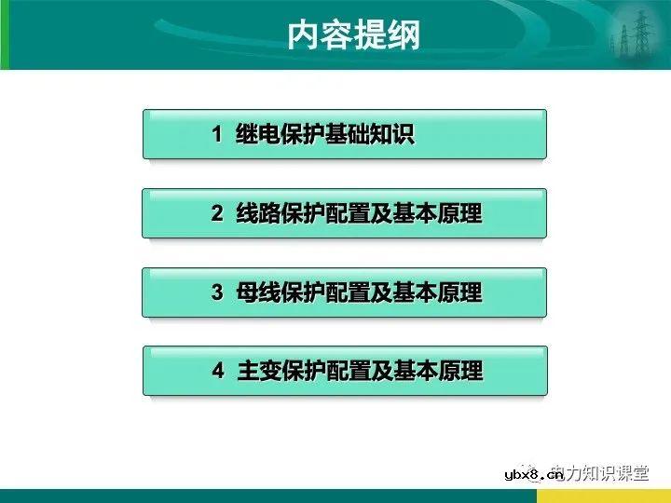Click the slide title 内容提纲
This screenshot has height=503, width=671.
coord(353,35)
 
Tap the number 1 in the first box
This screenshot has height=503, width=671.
coord(217,135)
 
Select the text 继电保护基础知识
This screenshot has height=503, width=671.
coord(324,135)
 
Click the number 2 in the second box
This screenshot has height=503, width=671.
coord(217,214)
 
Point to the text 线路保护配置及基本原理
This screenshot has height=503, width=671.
coord(358,214)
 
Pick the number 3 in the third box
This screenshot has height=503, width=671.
coord(217,293)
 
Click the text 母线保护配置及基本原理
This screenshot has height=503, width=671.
coord(358,293)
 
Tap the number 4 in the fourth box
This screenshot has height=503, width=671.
coord(217,372)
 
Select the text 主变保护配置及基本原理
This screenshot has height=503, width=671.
coord(358,372)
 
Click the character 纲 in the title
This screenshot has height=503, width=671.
coord(404,35)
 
